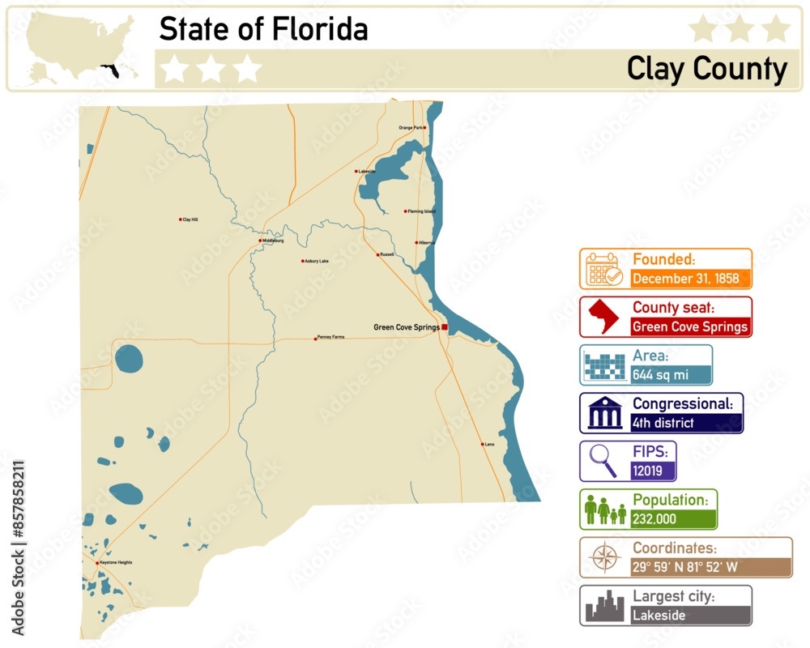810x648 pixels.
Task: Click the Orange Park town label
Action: coord(411,128)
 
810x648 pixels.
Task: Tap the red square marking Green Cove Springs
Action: coord(444,327)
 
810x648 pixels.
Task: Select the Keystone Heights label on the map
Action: coord(116,562)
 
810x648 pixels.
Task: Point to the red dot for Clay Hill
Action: coord(180,220)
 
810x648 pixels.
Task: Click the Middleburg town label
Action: coord(273,241)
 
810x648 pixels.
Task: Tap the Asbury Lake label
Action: coord(317,261)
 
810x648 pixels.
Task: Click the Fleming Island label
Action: coord(421,211)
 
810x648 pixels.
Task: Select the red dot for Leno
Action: coord(483,444)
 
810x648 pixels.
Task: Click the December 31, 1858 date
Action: coord(685,279)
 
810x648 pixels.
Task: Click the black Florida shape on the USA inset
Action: coord(109,71)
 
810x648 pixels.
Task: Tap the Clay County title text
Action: coord(706,70)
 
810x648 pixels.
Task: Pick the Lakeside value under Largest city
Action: coord(658,616)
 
